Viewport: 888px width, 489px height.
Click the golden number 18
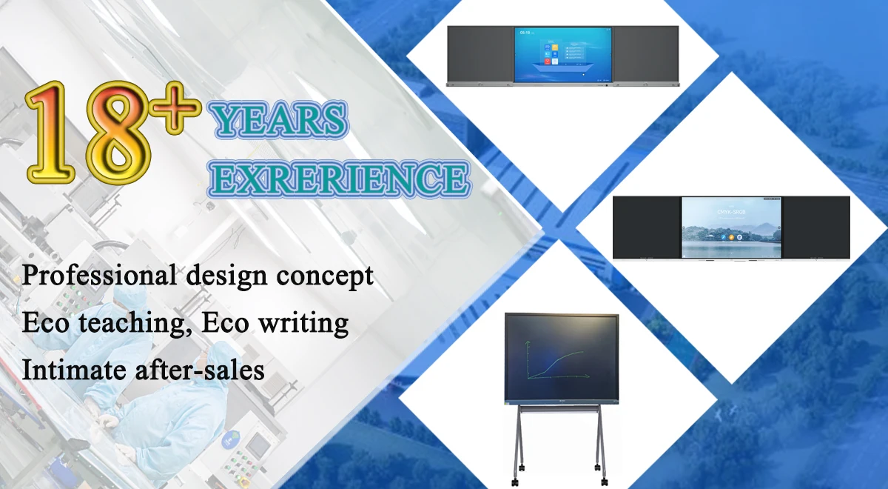click(89, 132)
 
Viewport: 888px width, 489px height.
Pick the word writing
click(306, 323)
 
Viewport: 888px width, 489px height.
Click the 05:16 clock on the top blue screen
click(525, 33)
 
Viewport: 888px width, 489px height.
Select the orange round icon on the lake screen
click(731, 236)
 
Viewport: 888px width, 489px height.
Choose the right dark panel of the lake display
click(815, 227)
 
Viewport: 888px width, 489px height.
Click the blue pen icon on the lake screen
click(722, 236)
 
